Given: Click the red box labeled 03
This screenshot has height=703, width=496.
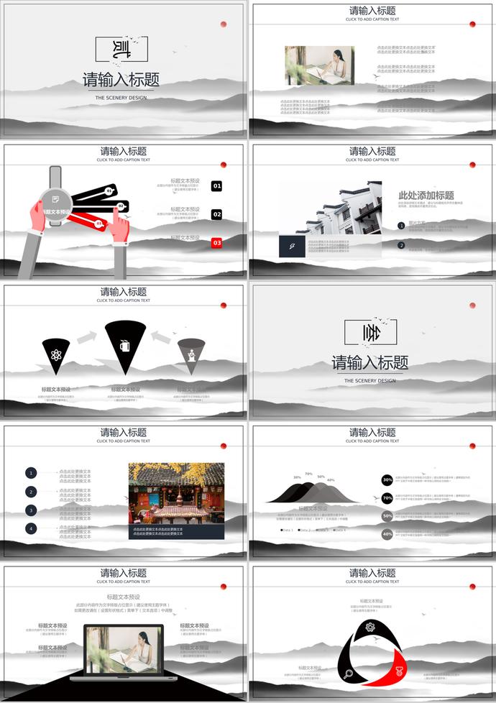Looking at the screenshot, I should (216, 243).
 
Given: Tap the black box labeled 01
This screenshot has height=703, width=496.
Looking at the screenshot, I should (216, 186).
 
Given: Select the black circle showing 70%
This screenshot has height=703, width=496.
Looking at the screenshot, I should (387, 497).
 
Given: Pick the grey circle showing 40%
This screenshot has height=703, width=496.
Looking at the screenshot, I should (387, 534).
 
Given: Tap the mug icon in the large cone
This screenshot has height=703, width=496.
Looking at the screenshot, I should (125, 345).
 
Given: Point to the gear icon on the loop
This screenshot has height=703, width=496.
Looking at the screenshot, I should (370, 627).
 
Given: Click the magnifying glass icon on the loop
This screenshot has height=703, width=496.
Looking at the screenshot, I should (348, 674).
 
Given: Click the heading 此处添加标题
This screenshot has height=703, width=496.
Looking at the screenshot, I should (426, 196).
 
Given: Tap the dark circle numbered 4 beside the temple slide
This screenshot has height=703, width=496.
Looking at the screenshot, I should (31, 528).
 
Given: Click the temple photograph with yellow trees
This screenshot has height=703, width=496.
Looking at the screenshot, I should (176, 492).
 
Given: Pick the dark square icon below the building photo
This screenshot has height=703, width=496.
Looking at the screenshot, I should (293, 246).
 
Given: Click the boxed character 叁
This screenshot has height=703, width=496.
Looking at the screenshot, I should (370, 332).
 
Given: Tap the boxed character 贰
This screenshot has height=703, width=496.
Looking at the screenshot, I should (121, 49).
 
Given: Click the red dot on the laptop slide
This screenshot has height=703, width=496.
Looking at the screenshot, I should (224, 587).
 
